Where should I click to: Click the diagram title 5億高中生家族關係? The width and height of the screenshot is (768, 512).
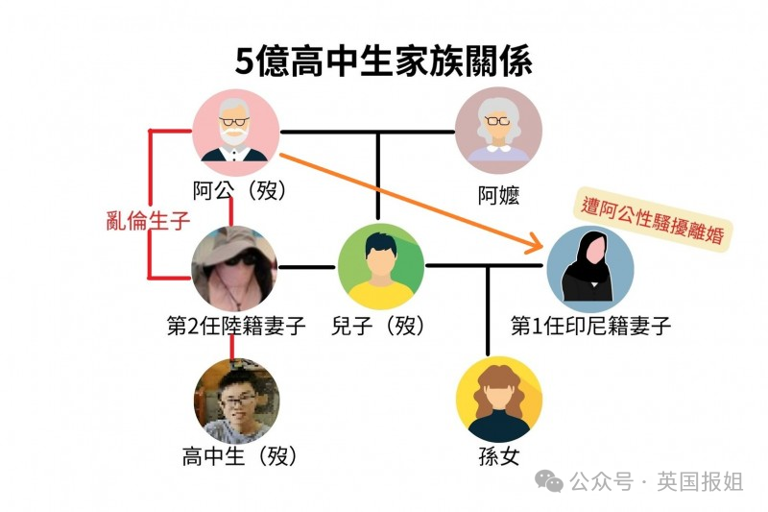pyautogui.click(x=383, y=61)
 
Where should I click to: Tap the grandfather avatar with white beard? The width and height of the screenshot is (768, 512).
pyautogui.click(x=235, y=132)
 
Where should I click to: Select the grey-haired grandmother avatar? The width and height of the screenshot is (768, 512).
pyautogui.click(x=498, y=132)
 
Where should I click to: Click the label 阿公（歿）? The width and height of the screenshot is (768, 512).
pyautogui.click(x=239, y=191)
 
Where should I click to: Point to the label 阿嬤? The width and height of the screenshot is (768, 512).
pyautogui.click(x=498, y=196)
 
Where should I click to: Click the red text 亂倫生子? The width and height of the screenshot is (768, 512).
pyautogui.click(x=148, y=221)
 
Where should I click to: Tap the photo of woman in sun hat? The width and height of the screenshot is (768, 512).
pyautogui.click(x=234, y=268)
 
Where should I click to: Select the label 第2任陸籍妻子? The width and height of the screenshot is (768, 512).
pyautogui.click(x=236, y=326)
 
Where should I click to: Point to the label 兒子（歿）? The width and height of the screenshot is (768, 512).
pyautogui.click(x=378, y=326)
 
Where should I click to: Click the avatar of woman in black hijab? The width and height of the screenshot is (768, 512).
pyautogui.click(x=590, y=269)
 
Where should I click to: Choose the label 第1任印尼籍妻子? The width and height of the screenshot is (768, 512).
pyautogui.click(x=590, y=326)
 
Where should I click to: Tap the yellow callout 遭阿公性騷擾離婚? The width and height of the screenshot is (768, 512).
pyautogui.click(x=653, y=220)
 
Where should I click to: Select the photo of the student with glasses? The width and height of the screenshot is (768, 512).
pyautogui.click(x=236, y=402)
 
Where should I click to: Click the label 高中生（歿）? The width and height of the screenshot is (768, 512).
pyautogui.click(x=239, y=456)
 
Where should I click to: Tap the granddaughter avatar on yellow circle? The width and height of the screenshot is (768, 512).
pyautogui.click(x=499, y=400)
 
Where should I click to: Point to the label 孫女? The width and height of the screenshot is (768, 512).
pyautogui.click(x=498, y=456)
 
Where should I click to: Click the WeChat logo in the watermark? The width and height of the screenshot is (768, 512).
pyautogui.click(x=548, y=481)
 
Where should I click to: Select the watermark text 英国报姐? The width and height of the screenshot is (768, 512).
pyautogui.click(x=700, y=481)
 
